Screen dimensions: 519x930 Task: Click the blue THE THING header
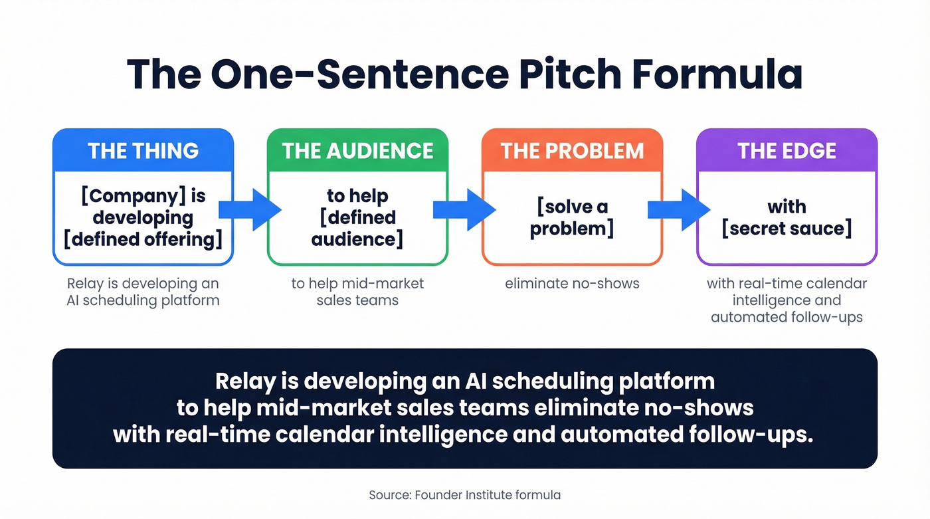click(x=143, y=151)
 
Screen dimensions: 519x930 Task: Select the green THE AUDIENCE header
click(x=357, y=151)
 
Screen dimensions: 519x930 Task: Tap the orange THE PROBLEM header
click(x=572, y=151)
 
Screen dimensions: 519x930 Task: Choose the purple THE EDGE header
click(x=787, y=151)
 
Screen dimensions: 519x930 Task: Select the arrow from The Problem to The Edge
click(x=678, y=209)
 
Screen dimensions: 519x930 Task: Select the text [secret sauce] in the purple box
click(x=787, y=229)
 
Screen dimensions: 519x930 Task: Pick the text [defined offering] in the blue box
click(x=143, y=239)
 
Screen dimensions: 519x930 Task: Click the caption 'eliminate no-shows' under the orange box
click(x=572, y=284)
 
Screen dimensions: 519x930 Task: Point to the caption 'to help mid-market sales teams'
click(x=357, y=292)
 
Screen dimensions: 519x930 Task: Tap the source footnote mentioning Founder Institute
click(x=464, y=495)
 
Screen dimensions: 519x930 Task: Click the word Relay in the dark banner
click(x=243, y=381)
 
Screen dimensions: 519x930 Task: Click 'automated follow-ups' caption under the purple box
click(x=787, y=317)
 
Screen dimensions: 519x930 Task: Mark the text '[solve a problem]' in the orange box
click(x=572, y=217)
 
